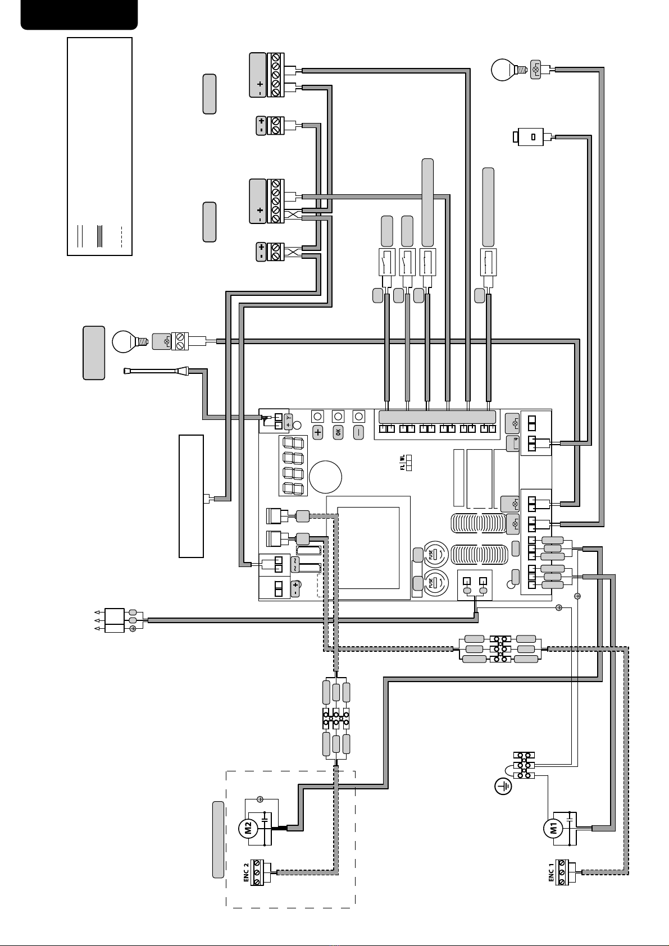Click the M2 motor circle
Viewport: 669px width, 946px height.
(x=249, y=828)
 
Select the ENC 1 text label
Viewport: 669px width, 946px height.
(x=551, y=874)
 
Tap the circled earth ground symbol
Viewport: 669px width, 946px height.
(x=503, y=787)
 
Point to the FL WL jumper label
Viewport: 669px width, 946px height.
(x=402, y=464)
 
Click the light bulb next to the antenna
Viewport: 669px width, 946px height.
(x=127, y=341)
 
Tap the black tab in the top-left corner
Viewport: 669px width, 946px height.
(x=79, y=14)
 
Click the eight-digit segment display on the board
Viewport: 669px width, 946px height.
(x=293, y=465)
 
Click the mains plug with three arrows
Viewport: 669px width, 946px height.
(x=115, y=620)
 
